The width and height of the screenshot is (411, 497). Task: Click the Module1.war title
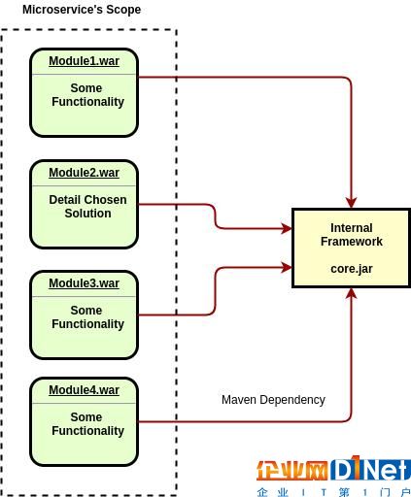click(x=84, y=61)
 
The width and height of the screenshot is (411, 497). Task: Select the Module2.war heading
click(x=84, y=173)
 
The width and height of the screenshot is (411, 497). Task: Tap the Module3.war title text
click(x=84, y=283)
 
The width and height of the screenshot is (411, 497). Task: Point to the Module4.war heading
click(x=84, y=390)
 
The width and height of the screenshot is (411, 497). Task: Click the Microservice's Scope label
click(x=82, y=10)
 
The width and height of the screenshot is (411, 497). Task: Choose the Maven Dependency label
click(x=273, y=400)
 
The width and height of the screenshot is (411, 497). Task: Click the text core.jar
click(x=352, y=269)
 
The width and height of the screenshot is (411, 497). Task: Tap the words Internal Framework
click(x=352, y=235)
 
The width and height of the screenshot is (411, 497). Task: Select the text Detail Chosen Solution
click(x=87, y=207)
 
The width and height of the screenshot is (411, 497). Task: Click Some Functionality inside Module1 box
click(x=87, y=95)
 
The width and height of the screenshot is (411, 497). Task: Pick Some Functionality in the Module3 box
click(x=87, y=317)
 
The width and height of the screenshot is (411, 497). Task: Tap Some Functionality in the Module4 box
click(x=87, y=424)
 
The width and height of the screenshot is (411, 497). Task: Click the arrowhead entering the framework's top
click(x=352, y=203)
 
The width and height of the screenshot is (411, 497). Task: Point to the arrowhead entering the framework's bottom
click(x=352, y=294)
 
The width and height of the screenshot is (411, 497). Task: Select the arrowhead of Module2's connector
click(x=287, y=228)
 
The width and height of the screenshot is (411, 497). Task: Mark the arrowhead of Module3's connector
click(x=287, y=267)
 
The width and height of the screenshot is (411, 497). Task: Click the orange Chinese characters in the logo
click(x=291, y=471)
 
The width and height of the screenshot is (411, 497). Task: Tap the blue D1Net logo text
click(x=370, y=469)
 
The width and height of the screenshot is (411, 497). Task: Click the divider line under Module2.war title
click(x=84, y=186)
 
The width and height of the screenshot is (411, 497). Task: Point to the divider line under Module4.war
click(x=84, y=404)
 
